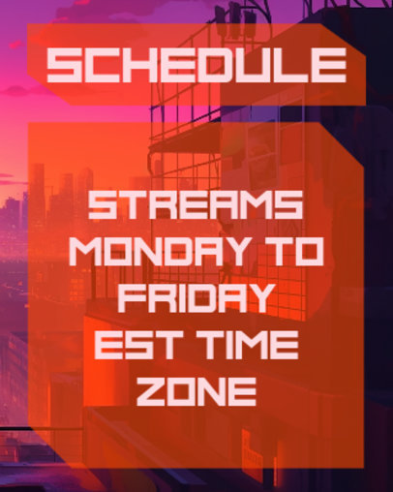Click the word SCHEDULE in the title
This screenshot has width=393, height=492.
[196, 66]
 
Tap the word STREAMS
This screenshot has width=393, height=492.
[196, 206]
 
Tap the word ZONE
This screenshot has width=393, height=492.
[196, 390]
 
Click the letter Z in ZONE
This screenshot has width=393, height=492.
[149, 390]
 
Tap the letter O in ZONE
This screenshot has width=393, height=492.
[181, 390]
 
